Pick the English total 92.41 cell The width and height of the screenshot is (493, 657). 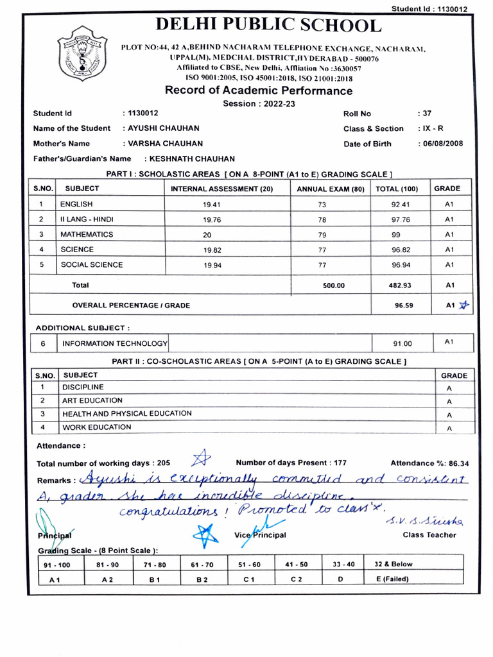[401, 205]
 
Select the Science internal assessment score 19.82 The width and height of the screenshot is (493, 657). [211, 250]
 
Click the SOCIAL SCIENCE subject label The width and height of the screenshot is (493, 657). [91, 264]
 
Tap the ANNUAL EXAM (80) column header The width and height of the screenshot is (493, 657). [330, 189]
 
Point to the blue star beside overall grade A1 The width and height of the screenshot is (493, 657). [464, 305]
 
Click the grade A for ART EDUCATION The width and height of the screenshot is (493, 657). [449, 402]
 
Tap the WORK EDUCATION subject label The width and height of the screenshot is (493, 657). [96, 427]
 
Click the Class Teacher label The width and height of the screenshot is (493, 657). [429, 534]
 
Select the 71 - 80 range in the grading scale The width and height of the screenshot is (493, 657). [155, 565]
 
